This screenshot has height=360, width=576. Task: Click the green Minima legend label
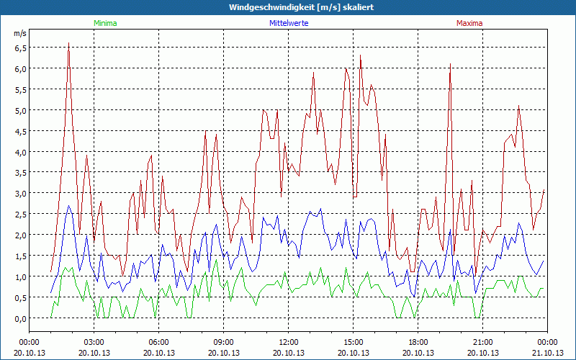(104, 23)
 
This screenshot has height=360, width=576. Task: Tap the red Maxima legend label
(469, 23)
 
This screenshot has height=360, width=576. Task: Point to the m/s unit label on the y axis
(19, 33)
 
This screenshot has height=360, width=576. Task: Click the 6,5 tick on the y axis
(19, 48)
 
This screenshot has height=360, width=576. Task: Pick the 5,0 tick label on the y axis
(19, 110)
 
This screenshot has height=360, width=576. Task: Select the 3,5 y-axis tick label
(19, 173)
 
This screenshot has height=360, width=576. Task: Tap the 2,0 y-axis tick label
(19, 235)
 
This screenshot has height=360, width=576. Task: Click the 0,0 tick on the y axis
(19, 318)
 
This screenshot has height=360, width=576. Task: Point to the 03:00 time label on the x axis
(94, 342)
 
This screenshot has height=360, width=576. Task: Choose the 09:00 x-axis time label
(224, 342)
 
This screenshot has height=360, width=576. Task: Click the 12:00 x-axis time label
(289, 342)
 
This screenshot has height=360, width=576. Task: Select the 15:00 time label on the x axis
(354, 342)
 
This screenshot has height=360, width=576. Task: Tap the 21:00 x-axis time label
(483, 342)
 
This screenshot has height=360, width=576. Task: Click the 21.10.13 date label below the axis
(547, 352)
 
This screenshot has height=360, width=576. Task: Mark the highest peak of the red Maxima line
(68, 43)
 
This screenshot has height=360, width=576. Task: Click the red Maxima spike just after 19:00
(450, 64)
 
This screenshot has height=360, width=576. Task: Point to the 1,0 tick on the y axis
(19, 276)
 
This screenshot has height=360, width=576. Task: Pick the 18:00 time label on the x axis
(418, 342)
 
